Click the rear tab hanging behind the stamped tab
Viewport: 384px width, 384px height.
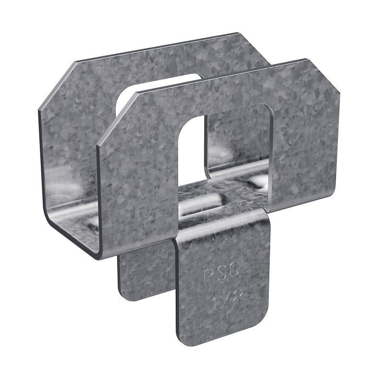coord(144,278)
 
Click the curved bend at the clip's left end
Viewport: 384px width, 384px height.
coord(53,226)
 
